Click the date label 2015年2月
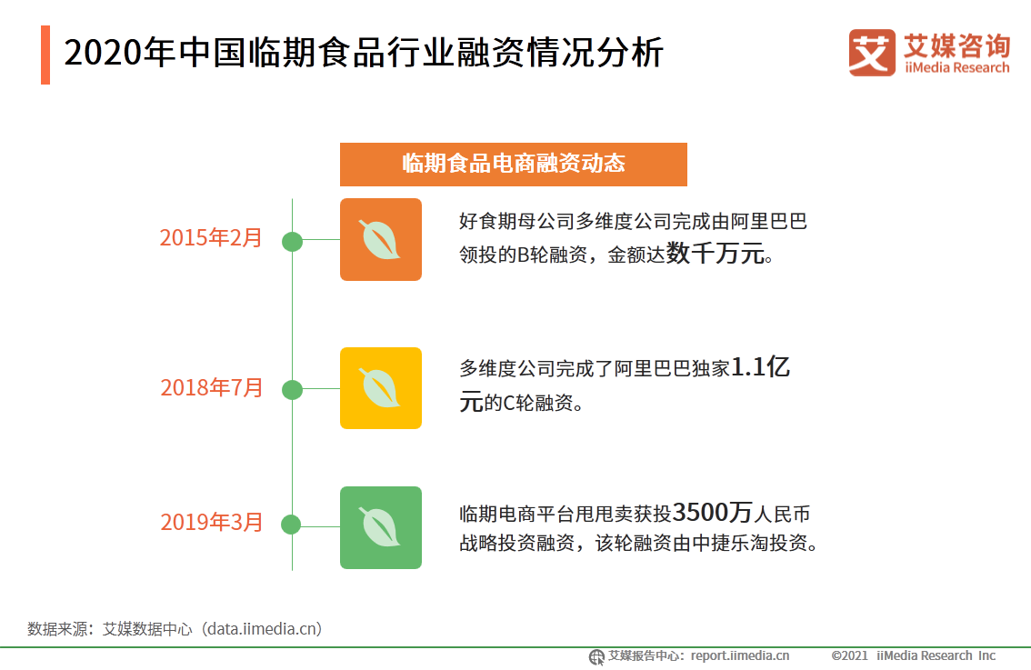point(211,237)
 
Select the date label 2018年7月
point(212,387)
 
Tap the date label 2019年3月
point(212,522)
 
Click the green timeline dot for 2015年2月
point(292,241)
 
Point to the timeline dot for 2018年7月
point(292,390)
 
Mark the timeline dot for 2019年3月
point(291,525)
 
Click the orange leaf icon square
point(381,239)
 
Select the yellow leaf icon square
point(381,388)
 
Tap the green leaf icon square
point(381,527)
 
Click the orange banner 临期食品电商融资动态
point(514,165)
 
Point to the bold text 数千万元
point(716,253)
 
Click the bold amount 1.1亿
point(761,367)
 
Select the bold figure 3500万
point(713,512)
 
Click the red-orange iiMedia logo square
point(872,53)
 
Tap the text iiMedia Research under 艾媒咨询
point(956,67)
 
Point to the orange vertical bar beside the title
point(45,55)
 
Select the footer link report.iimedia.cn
point(740,655)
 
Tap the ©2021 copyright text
point(849,655)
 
